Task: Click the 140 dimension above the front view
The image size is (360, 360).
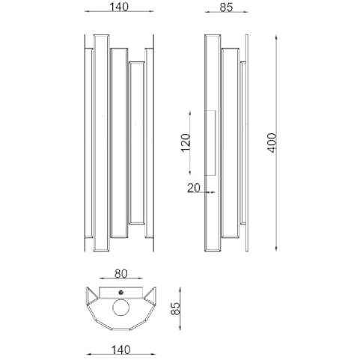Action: pyautogui.click(x=119, y=7)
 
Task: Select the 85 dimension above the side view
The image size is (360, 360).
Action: pyautogui.click(x=226, y=7)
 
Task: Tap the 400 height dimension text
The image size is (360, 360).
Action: pyautogui.click(x=272, y=143)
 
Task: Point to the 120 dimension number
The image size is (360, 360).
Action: pyautogui.click(x=186, y=143)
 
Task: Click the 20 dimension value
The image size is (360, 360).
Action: pyautogui.click(x=194, y=188)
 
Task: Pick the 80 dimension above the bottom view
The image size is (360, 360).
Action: pyautogui.click(x=121, y=274)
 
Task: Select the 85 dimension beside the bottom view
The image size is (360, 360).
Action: pyautogui.click(x=175, y=308)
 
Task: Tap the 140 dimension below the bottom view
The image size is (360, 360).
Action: pyautogui.click(x=121, y=350)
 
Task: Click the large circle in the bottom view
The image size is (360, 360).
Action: pyautogui.click(x=121, y=308)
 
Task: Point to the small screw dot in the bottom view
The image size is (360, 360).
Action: pyautogui.click(x=121, y=292)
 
